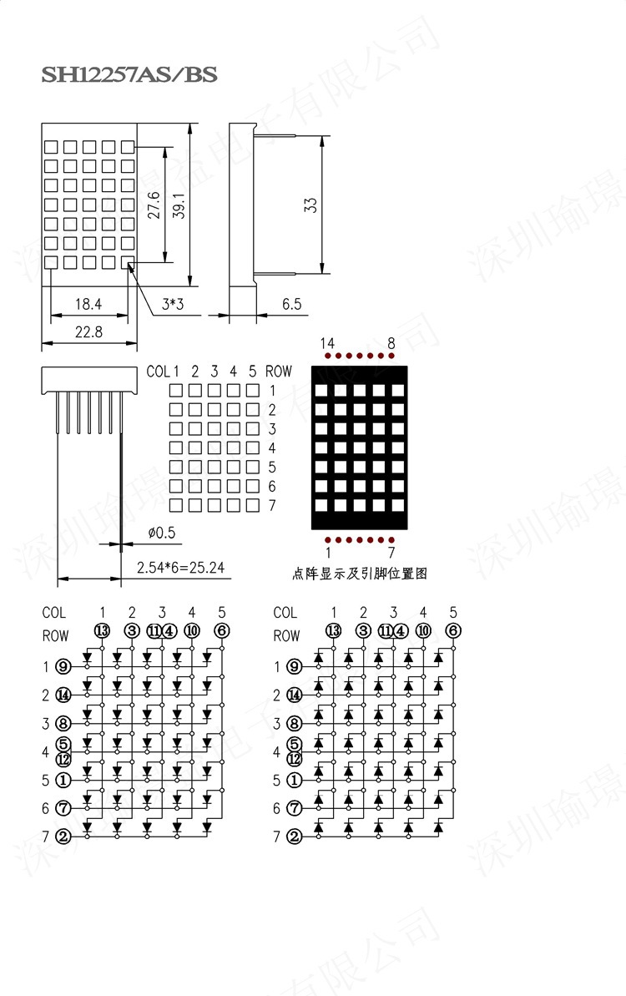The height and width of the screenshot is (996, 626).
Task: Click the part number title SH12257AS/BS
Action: (129, 75)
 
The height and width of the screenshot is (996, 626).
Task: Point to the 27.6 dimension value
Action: (154, 205)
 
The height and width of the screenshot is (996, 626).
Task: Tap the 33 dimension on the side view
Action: (310, 205)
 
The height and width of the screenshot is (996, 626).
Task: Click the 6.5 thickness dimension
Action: (291, 305)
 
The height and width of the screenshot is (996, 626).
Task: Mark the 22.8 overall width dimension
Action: (88, 331)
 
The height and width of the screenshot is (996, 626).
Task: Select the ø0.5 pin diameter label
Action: (162, 532)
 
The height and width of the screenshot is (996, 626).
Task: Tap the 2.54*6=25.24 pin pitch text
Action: (184, 569)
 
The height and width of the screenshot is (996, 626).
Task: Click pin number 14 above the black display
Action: (326, 343)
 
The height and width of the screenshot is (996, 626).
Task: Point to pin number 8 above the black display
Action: (391, 343)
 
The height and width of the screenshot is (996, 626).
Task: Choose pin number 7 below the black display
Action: (391, 552)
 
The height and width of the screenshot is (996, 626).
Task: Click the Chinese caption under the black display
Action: (360, 573)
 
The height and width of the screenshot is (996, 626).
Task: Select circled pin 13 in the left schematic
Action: (102, 630)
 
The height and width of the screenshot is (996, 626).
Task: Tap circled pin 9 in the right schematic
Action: (294, 666)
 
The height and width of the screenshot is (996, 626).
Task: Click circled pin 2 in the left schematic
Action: (63, 837)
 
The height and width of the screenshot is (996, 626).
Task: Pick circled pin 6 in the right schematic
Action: (452, 630)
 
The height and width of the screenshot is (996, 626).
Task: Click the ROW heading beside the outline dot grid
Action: (279, 372)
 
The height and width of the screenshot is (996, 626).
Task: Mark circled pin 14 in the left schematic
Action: (63, 695)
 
